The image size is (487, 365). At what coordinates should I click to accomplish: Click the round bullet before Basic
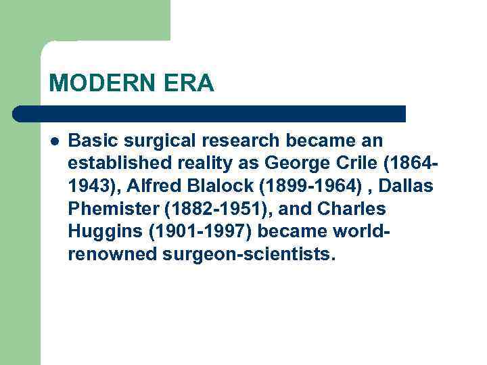[53, 141]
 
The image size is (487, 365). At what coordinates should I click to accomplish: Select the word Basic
[91, 141]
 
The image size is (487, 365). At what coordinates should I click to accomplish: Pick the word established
[114, 164]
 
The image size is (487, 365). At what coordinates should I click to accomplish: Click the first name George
[297, 164]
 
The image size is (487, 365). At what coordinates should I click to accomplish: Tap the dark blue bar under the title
[210, 114]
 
